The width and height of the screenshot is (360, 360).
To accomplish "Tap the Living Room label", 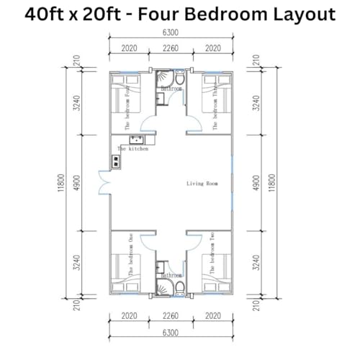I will click(202, 184).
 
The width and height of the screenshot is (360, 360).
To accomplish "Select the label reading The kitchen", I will click(133, 148).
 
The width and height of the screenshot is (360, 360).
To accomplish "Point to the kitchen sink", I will click(137, 139).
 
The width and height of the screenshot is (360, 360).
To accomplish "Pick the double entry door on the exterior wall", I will click(106, 180).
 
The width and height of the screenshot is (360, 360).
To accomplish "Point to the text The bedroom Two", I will click(212, 259).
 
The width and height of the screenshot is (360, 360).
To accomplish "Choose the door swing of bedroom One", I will click(148, 240).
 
